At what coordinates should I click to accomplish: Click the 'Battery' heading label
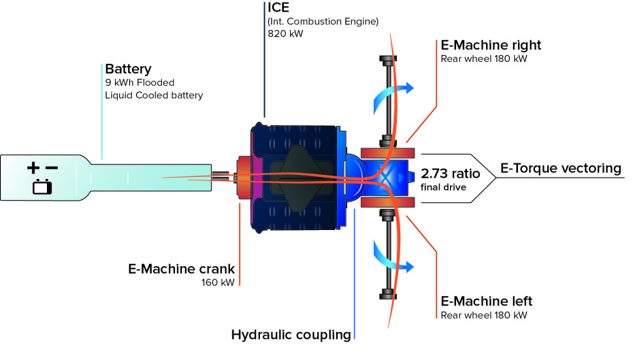click(128, 69)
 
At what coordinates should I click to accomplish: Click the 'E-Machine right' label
click(491, 46)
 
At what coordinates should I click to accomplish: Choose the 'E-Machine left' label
click(487, 301)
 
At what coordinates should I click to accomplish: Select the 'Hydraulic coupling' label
click(291, 334)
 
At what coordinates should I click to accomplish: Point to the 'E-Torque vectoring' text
click(561, 168)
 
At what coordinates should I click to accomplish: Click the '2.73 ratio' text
click(451, 174)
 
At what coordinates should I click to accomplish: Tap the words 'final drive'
click(444, 186)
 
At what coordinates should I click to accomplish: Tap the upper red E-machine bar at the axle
click(387, 152)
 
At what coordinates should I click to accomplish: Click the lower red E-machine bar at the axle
click(387, 203)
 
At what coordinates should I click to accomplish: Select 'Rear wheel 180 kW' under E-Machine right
click(484, 59)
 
